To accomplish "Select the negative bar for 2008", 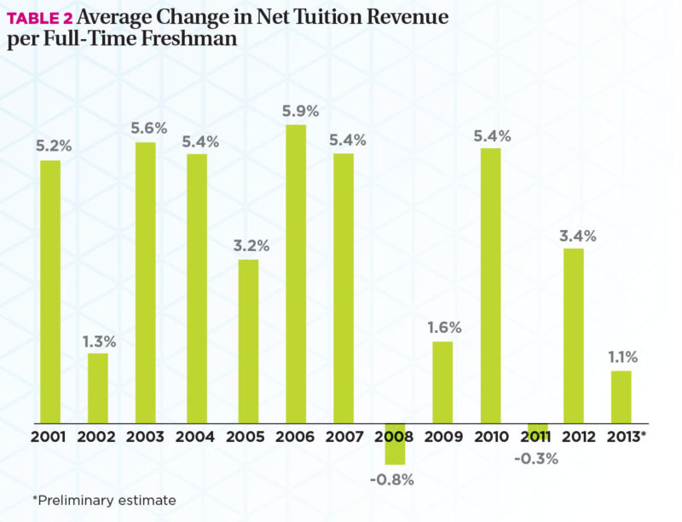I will tap(395, 443).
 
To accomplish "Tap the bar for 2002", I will tap(98, 388).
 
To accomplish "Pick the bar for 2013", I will tap(621, 397).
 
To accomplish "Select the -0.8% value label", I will tap(392, 479).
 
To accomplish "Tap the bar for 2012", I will tap(575, 336).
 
